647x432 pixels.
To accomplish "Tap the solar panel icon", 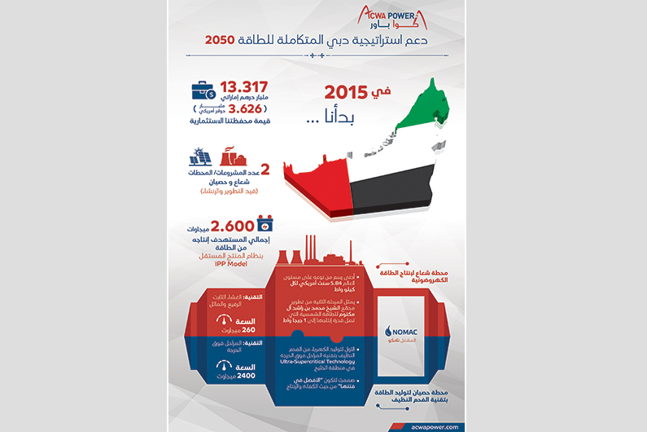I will coord(200,156).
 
